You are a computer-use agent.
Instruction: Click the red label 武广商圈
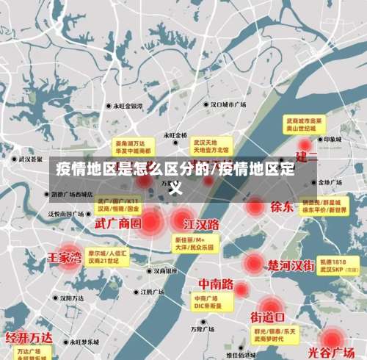tap(118, 221)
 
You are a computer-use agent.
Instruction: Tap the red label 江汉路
tap(201, 223)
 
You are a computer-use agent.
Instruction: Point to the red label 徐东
tap(281, 206)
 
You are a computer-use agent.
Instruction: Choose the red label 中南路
tap(216, 284)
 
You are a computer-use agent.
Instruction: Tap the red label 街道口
tap(268, 317)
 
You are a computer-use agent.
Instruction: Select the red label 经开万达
tap(29, 338)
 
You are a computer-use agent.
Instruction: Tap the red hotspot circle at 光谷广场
tap(333, 339)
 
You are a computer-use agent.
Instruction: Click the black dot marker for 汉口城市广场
tap(208, 106)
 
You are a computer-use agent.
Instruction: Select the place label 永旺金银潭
tap(132, 106)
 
